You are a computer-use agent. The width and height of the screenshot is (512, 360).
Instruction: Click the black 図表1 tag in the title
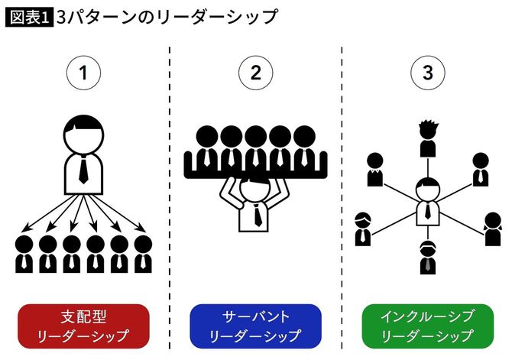[29, 16]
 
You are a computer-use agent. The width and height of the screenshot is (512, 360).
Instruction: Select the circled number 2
[255, 73]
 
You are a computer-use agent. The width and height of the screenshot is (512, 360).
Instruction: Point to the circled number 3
[426, 73]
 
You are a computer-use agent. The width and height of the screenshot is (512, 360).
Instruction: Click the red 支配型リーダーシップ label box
[84, 325]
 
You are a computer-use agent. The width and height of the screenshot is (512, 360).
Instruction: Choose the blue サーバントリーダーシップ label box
[255, 325]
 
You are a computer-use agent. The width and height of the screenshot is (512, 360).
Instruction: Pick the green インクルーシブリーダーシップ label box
[427, 325]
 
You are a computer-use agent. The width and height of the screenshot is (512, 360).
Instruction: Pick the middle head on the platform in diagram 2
[255, 138]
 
